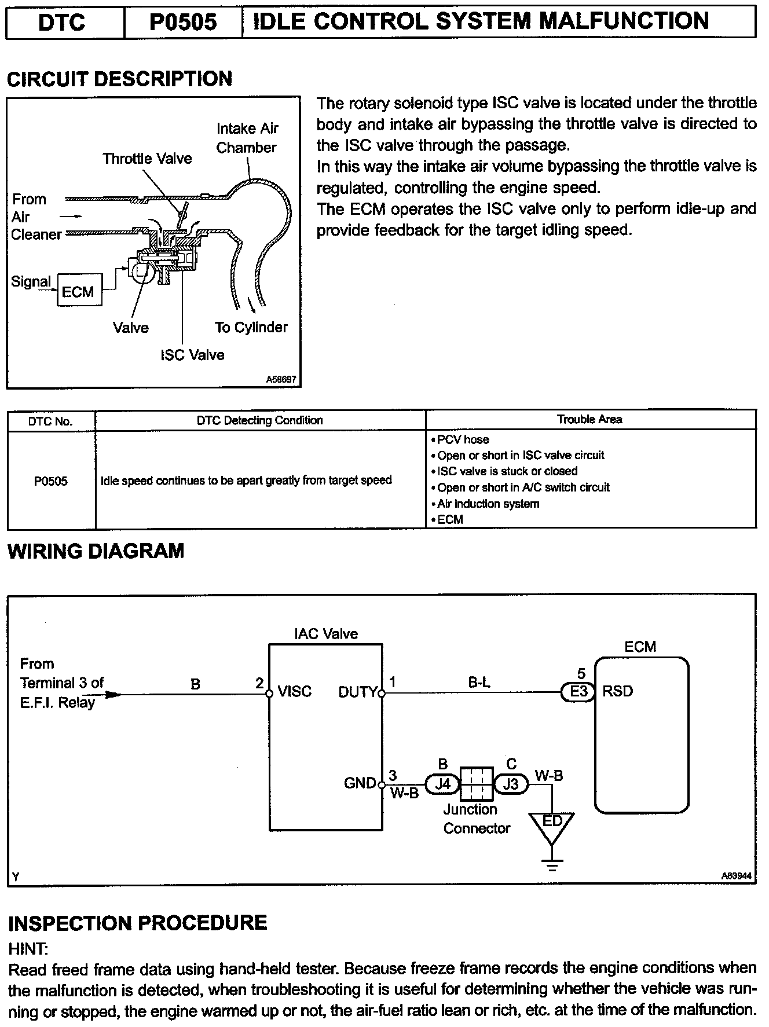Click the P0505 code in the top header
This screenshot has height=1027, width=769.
pos(183,22)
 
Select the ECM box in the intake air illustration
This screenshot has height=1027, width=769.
pos(79,291)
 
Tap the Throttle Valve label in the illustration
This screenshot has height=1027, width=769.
pos(147,159)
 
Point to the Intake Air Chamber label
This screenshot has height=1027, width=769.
pos(247,138)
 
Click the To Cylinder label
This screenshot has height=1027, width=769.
pos(251,327)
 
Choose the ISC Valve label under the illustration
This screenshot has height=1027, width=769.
pos(192,355)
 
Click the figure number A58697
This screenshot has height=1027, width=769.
pos(281,380)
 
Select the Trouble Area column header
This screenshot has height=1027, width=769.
pos(589,420)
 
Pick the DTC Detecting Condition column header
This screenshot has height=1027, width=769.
pos(260,420)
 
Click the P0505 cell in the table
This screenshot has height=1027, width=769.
pos(51,481)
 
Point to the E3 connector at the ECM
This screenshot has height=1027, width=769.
pos(578,692)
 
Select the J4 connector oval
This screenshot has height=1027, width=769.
pos(442,784)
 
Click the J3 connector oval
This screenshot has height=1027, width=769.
pos(511,784)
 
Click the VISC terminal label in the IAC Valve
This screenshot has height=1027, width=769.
pos(295,691)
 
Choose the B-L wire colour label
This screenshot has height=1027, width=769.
pos(479,683)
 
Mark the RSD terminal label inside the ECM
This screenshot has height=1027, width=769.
pos(618,691)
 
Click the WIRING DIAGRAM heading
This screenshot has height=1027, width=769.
pos(96,551)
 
